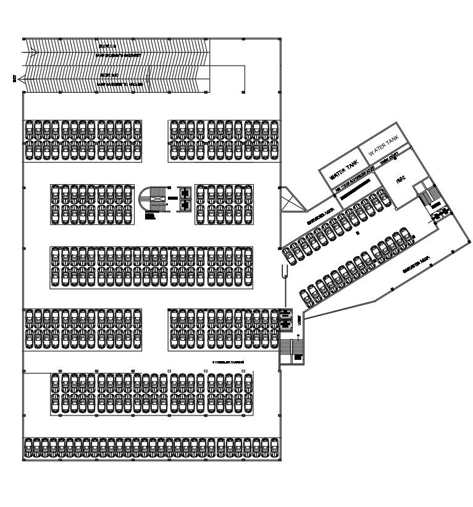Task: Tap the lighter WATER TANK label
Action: click(384, 148)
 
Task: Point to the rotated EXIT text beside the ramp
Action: click(14, 78)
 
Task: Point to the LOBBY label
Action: click(299, 318)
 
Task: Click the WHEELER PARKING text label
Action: click(228, 361)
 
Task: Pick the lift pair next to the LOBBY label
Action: click(285, 319)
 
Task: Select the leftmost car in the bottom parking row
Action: click(28, 449)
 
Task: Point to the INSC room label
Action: click(401, 181)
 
